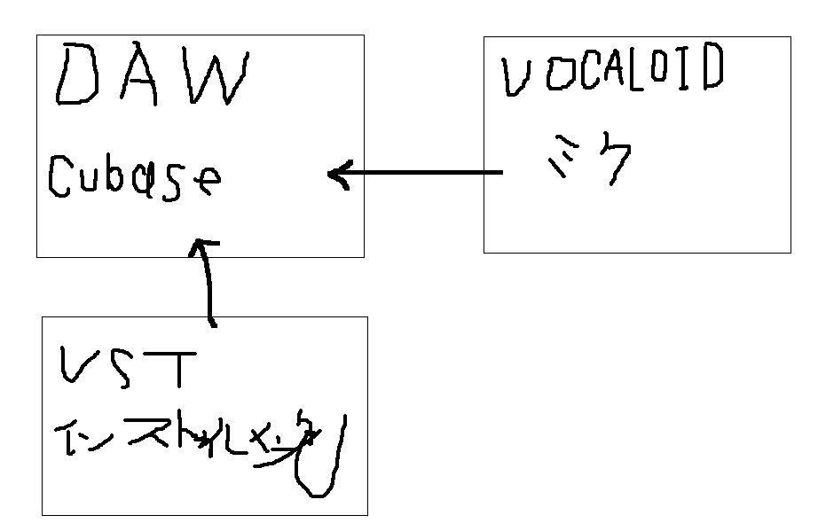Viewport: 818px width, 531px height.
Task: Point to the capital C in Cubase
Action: [59, 176]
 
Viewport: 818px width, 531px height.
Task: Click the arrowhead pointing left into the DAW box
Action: [337, 174]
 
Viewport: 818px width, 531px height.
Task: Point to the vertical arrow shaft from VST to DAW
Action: [210, 288]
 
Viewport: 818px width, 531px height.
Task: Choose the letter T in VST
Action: [181, 368]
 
